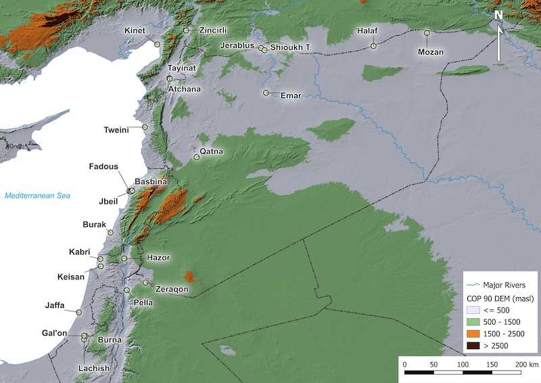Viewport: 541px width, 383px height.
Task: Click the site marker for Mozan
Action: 427,32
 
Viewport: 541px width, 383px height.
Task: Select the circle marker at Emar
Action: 266,93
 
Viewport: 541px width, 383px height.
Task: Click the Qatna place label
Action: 211,151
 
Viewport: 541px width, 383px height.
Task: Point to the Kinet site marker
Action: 157,44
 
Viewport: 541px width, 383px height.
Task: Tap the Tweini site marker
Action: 145,127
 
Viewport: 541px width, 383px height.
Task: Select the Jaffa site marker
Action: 78,312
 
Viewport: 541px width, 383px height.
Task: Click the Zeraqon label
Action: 171,289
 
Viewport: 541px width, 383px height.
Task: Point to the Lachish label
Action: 93,368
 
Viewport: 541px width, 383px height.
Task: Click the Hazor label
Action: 158,258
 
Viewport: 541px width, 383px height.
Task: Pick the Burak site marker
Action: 111,233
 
